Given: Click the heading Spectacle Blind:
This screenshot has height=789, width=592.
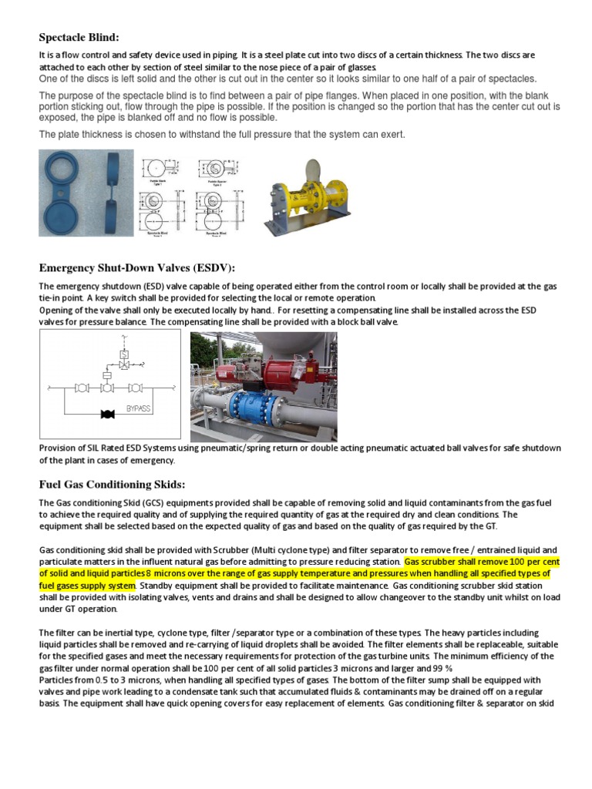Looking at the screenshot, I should pyautogui.click(x=79, y=38).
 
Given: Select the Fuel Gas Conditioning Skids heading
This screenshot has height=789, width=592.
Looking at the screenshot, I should pyautogui.click(x=113, y=484).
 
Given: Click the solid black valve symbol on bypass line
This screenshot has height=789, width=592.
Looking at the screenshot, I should pyautogui.click(x=108, y=415).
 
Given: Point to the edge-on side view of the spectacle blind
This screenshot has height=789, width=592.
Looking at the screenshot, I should pyautogui.click(x=109, y=192).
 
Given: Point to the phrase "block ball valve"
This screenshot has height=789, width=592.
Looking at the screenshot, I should pyautogui.click(x=358, y=322).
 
